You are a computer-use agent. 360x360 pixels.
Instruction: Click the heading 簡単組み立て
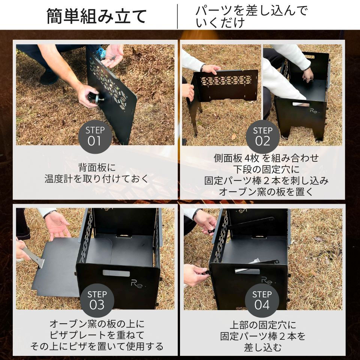[96, 16]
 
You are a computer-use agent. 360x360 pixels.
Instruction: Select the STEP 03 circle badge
[97, 300]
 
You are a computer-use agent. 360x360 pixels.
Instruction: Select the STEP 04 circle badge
[262, 300]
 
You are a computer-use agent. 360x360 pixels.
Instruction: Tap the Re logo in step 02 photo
[312, 112]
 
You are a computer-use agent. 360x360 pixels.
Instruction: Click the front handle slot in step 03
[116, 273]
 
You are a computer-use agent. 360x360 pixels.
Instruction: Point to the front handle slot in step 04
[247, 271]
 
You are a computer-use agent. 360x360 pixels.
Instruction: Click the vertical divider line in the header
[177, 16]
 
